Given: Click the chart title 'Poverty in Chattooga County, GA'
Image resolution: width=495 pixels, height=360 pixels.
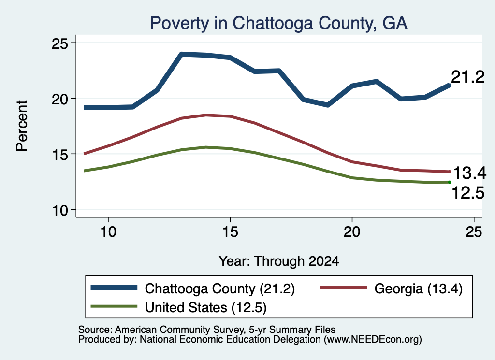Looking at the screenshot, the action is pos(278,23).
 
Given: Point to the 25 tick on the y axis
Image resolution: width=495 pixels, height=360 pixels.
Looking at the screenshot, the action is pos(60,43).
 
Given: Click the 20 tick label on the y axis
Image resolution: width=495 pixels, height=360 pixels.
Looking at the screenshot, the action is pos(60,99).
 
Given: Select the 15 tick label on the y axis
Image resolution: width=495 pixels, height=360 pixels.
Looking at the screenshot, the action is pos(60,154).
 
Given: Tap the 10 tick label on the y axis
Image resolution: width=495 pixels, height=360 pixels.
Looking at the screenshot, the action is pos(60,210).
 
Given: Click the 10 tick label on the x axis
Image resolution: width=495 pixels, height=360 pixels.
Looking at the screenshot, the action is pos(108,232).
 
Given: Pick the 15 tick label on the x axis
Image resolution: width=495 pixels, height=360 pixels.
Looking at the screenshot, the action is pos(230,232).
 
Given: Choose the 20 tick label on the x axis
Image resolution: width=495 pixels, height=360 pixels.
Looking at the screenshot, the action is pos(352,232).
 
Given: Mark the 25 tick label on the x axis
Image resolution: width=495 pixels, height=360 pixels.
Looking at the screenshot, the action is pos(474,232).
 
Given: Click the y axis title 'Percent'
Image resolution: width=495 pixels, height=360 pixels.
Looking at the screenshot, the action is pos(22,126).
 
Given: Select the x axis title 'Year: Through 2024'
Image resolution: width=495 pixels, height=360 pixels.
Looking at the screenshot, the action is pos(279,261).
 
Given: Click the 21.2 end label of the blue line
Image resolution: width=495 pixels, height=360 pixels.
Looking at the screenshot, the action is pos(467,77).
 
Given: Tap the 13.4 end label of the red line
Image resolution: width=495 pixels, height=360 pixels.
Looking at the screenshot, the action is pos(469,173).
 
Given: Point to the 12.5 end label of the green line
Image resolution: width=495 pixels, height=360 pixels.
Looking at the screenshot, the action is pos(468,193).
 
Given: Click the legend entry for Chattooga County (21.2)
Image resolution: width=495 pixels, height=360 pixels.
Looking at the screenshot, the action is pos(193,288).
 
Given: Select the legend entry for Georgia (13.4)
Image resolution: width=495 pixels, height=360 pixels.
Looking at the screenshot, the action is pos(392,288).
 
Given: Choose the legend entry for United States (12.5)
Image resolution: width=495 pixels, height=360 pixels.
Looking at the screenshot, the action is pos(179,307).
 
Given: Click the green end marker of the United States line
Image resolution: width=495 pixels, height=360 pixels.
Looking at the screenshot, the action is pos(450,182).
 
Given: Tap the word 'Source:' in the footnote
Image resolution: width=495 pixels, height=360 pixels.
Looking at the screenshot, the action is pos(95,330).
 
